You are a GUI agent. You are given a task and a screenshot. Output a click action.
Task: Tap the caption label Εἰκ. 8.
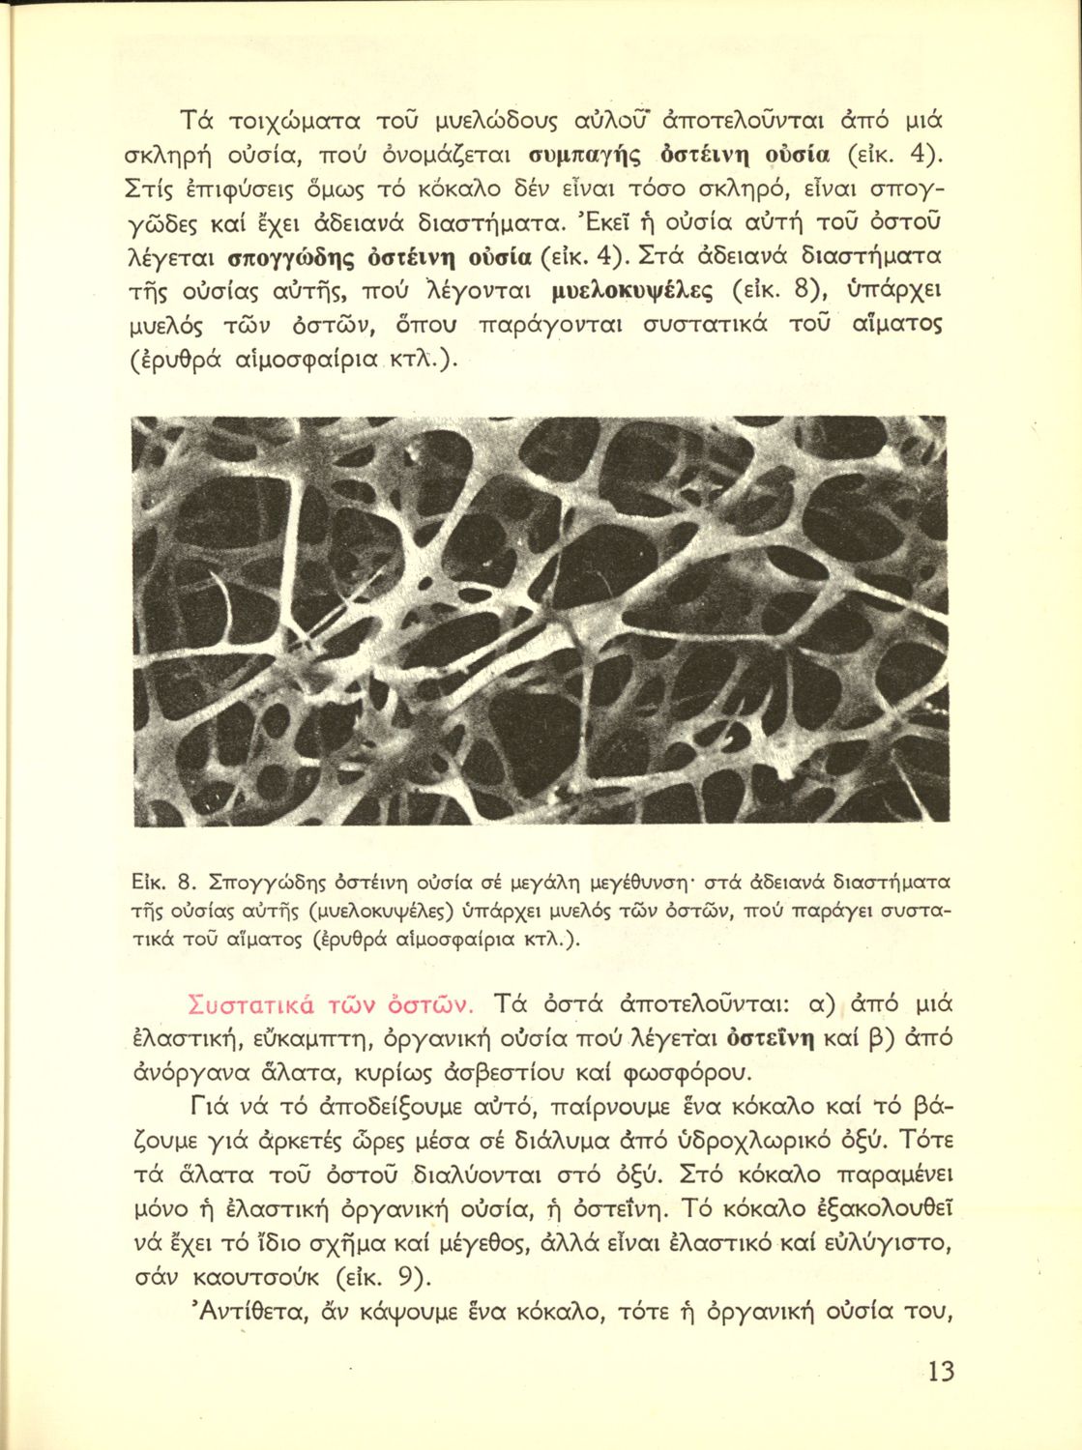(x=162, y=881)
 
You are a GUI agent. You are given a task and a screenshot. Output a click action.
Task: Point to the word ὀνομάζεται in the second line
(x=451, y=156)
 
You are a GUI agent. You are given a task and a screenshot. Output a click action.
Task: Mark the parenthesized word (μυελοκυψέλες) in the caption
(x=381, y=911)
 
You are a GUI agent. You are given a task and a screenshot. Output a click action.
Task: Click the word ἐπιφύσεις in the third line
(x=253, y=190)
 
